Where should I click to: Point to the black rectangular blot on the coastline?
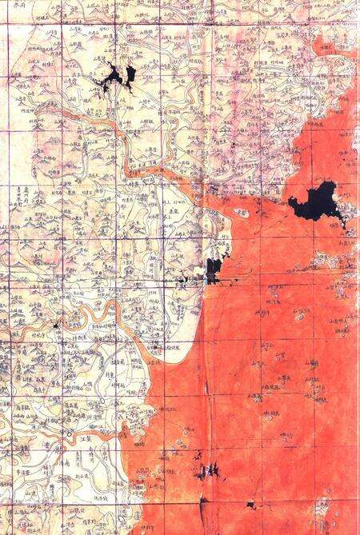click(212, 269)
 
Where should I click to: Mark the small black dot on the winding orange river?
click(55, 325)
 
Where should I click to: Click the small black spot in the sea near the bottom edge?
click(250, 505)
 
